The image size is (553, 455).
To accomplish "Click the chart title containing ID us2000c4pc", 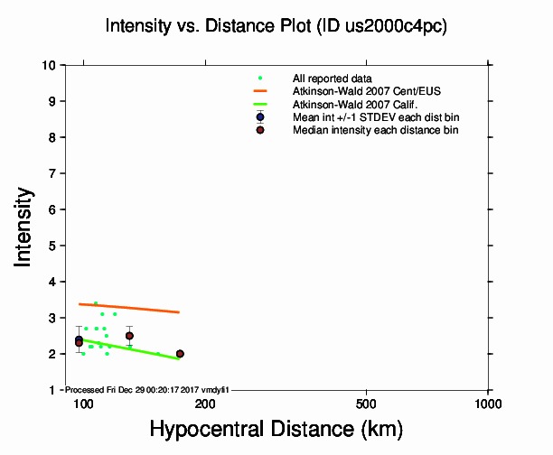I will point(276,26).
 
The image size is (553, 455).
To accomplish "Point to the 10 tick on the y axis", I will point(52,65).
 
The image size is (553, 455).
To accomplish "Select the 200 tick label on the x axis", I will point(205,404).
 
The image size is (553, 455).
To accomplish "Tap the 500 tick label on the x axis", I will point(366,404).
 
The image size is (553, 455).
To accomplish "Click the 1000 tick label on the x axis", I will point(488,404).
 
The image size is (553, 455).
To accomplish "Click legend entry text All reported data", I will point(333,79).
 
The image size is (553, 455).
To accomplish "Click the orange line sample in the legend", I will point(260,91).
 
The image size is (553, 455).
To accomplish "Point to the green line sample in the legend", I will point(260,105).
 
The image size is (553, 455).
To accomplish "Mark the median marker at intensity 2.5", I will point(129,336).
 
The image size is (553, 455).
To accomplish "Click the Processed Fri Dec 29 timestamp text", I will point(148,389).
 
